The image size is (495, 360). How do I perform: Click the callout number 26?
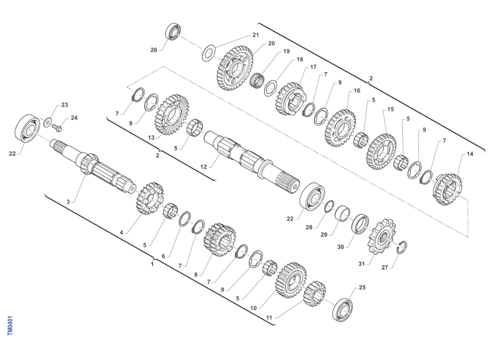(x=154, y=50)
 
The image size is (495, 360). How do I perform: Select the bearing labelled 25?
(x=343, y=310)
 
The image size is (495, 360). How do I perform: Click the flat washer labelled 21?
(x=208, y=54)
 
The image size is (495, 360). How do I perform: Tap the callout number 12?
(x=203, y=167)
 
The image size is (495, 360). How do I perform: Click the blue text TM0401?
(x=10, y=325)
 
